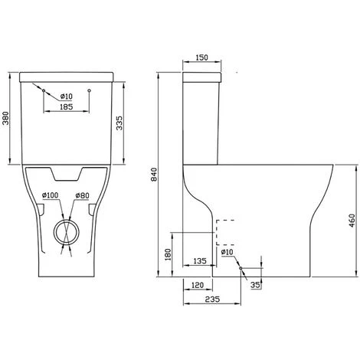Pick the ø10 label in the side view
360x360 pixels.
pos(227,252)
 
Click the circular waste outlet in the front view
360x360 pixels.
pos(67,231)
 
